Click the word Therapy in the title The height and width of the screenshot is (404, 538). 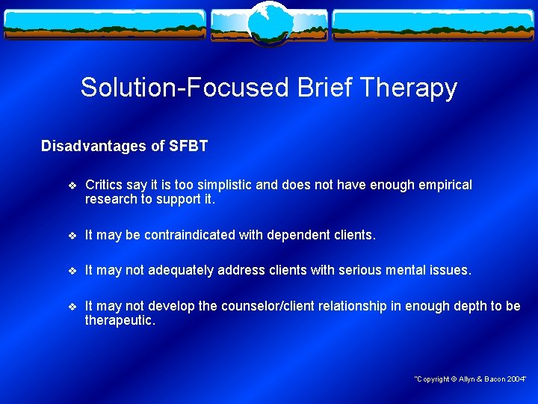(412, 88)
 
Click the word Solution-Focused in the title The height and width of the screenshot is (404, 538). (185, 88)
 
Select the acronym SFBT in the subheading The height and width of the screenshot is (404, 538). (188, 146)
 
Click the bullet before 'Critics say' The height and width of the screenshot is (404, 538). (71, 185)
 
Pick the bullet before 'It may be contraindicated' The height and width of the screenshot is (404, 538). (71, 235)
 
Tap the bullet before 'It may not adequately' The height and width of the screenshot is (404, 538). (71, 270)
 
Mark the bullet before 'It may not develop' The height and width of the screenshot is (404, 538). (71, 306)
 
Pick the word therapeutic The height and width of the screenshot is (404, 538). (120, 319)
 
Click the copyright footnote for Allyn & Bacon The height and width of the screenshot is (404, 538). (470, 379)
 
